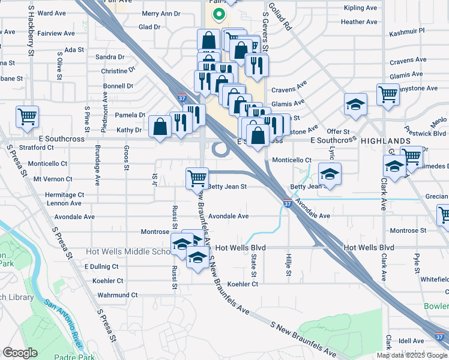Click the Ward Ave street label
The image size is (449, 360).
pyautogui.click(x=51, y=13)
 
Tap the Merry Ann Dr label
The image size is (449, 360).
pyautogui.click(x=161, y=13)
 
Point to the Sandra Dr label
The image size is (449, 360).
pyautogui.click(x=110, y=57)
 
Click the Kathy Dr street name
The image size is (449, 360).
pyautogui.click(x=128, y=130)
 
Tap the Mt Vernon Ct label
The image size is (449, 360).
pyautogui.click(x=53, y=179)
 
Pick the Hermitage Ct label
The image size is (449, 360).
pyautogui.click(x=64, y=195)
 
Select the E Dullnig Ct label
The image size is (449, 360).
pyautogui.click(x=101, y=266)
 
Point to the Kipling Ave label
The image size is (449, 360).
pyautogui.click(x=360, y=8)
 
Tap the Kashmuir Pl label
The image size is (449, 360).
pyautogui.click(x=406, y=30)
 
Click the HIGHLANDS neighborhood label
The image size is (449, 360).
pyautogui.click(x=385, y=140)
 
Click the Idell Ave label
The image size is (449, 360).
pyautogui.click(x=411, y=341)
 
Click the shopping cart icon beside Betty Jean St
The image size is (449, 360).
pyautogui.click(x=197, y=178)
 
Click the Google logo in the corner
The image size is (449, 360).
pyautogui.click(x=20, y=353)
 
